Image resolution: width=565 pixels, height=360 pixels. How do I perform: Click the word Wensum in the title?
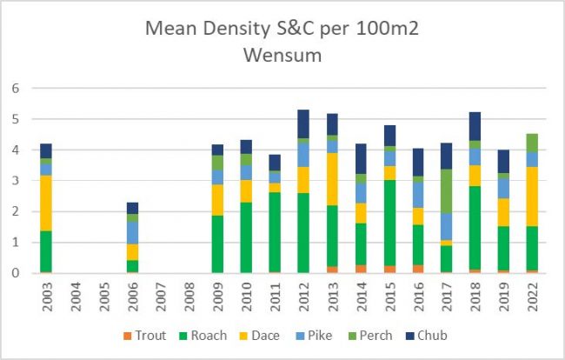pos(283,58)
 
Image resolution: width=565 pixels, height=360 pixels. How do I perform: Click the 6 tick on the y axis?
pos(15,88)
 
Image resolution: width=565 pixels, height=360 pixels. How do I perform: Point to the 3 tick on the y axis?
pos(15,180)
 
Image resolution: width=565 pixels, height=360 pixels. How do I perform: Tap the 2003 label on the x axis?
pos(45,293)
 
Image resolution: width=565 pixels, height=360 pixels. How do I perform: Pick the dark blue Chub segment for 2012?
pos(304,123)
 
